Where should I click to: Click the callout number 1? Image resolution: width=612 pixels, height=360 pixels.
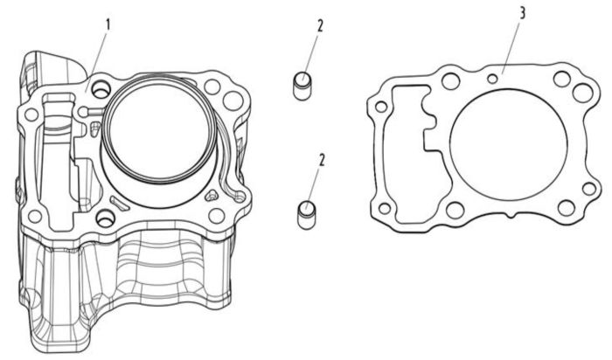(x=108, y=25)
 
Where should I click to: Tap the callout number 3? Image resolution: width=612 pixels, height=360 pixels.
(x=522, y=13)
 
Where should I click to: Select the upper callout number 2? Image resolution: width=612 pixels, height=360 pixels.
(x=320, y=26)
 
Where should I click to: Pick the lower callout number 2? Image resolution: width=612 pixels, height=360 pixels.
(x=322, y=160)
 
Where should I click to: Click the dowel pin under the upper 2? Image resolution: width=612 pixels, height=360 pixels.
(x=303, y=87)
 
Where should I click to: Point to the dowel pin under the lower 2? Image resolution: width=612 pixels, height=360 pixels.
(x=306, y=215)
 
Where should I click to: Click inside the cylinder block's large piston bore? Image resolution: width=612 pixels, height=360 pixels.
(x=159, y=130)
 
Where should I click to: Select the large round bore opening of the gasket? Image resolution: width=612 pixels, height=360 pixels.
(x=508, y=145)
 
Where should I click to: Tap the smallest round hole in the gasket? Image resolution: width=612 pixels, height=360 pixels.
(x=493, y=80)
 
